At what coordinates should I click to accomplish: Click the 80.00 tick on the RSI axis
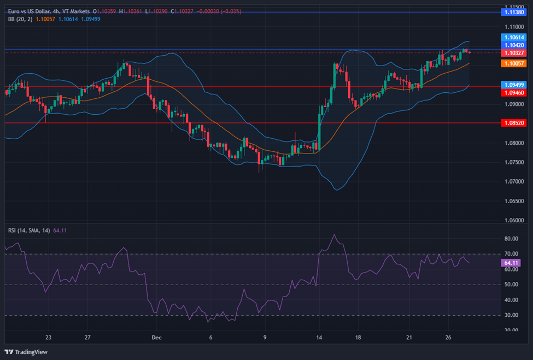[511, 239]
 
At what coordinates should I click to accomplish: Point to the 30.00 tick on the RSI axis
[511, 315]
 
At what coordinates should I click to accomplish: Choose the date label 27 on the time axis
[87, 338]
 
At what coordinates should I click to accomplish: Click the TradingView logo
[27, 351]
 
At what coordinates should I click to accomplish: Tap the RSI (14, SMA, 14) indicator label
[28, 231]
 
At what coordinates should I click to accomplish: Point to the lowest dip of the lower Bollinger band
[337, 190]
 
